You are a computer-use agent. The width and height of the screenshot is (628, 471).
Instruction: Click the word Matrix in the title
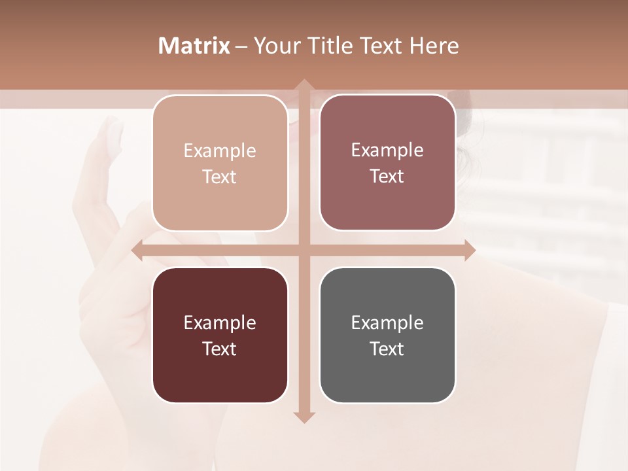(194, 46)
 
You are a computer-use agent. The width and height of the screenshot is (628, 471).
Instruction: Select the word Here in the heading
(434, 46)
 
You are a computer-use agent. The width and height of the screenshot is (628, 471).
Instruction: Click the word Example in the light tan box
(220, 151)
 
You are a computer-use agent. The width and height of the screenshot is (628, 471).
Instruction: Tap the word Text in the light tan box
(220, 177)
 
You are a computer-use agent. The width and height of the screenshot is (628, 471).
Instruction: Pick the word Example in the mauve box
(387, 150)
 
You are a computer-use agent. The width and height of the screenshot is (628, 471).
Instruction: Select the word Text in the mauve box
(387, 176)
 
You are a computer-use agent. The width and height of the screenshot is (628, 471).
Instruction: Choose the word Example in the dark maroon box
(220, 323)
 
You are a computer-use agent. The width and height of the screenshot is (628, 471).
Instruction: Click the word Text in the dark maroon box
(220, 349)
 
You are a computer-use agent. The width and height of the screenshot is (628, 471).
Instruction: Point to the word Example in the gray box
(387, 323)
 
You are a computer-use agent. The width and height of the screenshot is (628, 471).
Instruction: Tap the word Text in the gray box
(387, 349)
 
